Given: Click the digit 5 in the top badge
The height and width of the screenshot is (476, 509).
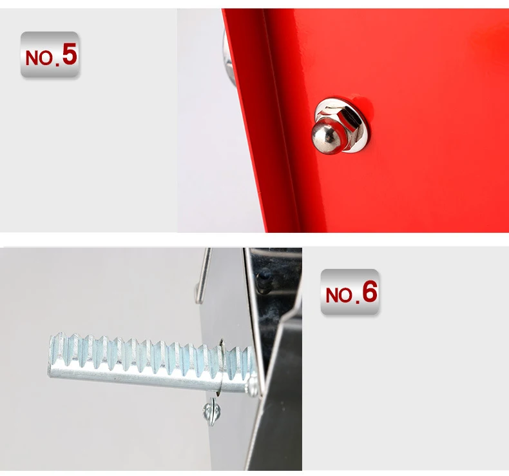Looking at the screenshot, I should coord(70,54).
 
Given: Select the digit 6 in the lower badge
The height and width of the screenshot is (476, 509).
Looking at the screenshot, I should coord(369,292).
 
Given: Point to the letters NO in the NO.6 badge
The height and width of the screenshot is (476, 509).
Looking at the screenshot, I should coord(339,295).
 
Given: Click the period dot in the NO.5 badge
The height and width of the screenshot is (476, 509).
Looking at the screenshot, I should coord(57,63).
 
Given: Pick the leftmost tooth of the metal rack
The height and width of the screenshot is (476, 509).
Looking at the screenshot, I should coord(57,343).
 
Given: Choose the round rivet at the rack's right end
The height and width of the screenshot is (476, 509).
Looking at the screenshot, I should coord(253,388).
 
